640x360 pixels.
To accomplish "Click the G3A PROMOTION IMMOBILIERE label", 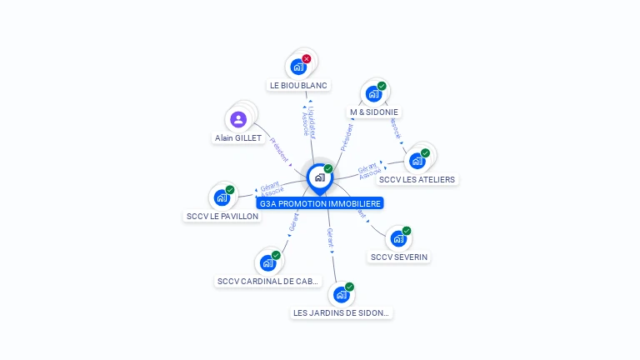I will (x=320, y=203).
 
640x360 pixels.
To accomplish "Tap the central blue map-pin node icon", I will (x=319, y=177).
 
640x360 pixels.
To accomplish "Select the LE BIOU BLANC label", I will (x=299, y=85).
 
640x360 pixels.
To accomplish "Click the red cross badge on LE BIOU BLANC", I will (x=307, y=59).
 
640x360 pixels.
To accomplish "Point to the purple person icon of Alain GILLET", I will (x=238, y=119).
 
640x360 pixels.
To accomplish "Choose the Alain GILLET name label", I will (x=238, y=138).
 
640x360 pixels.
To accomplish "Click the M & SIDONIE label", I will (x=374, y=112).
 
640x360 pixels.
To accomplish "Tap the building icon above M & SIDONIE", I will (x=373, y=93).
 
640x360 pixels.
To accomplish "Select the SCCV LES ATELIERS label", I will (x=417, y=179).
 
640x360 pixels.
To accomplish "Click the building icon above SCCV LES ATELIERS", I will (x=417, y=161).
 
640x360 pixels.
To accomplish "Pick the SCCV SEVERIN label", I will (x=399, y=257).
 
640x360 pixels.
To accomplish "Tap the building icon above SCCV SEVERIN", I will (x=398, y=239).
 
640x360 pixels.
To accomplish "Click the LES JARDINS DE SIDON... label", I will (x=342, y=313).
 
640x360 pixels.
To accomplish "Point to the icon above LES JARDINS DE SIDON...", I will (x=341, y=295).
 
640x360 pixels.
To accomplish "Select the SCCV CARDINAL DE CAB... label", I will (x=267, y=282).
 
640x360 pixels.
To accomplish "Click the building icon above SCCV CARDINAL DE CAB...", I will (x=267, y=263).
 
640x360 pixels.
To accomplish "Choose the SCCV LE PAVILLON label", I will (x=222, y=217).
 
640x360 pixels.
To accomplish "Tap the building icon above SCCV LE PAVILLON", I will (x=222, y=197).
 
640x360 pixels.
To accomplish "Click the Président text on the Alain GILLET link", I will (x=279, y=150).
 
